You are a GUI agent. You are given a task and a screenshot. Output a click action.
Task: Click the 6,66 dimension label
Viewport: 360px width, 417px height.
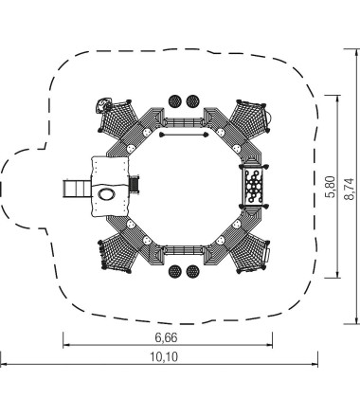[x=166, y=337]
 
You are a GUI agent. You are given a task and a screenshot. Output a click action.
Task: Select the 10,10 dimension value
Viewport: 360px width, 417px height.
[x=164, y=357]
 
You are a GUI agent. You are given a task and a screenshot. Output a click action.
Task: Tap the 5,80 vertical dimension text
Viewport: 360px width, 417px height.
[x=331, y=187]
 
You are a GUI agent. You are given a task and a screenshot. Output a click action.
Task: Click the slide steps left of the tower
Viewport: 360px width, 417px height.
[x=78, y=189]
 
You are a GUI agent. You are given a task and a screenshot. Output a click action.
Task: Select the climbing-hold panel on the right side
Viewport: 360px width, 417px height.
[x=253, y=186]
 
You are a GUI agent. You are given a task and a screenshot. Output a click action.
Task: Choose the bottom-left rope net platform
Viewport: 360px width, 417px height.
[x=118, y=254]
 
